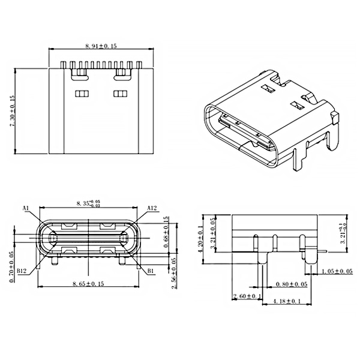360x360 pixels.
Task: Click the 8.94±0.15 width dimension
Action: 100,46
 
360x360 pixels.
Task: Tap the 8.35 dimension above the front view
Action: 86,204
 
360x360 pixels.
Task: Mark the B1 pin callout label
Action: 151,271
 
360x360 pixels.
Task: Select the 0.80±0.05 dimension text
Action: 290,283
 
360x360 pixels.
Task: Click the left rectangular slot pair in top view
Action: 81,94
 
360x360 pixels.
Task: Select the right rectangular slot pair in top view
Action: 121,94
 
